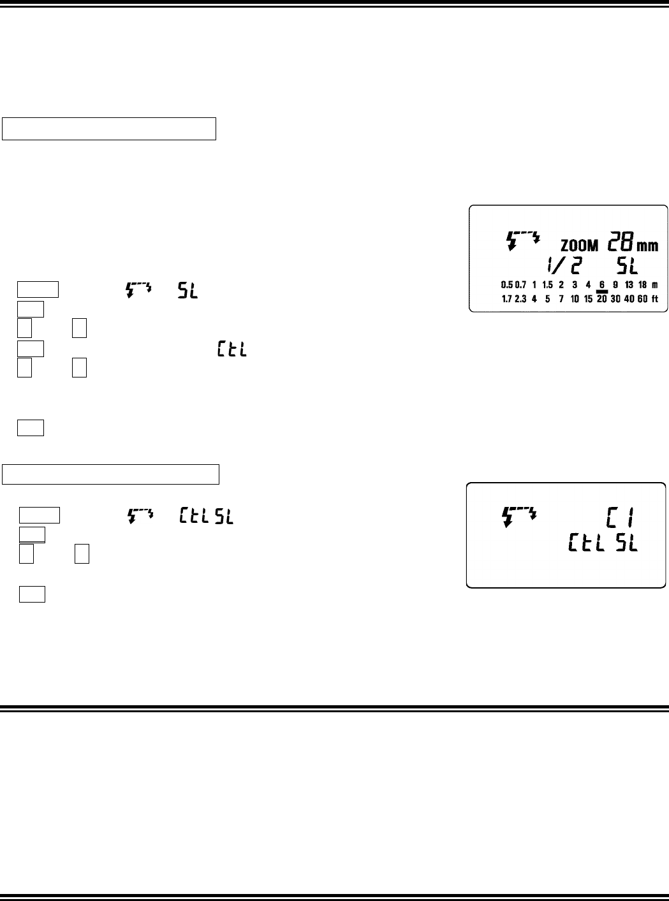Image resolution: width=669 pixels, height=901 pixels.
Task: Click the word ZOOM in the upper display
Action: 580,245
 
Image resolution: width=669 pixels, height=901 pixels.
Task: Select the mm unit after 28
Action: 647,245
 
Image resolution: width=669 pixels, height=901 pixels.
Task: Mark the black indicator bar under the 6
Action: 601,292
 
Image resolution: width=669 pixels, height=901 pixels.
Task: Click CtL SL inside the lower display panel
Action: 602,543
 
